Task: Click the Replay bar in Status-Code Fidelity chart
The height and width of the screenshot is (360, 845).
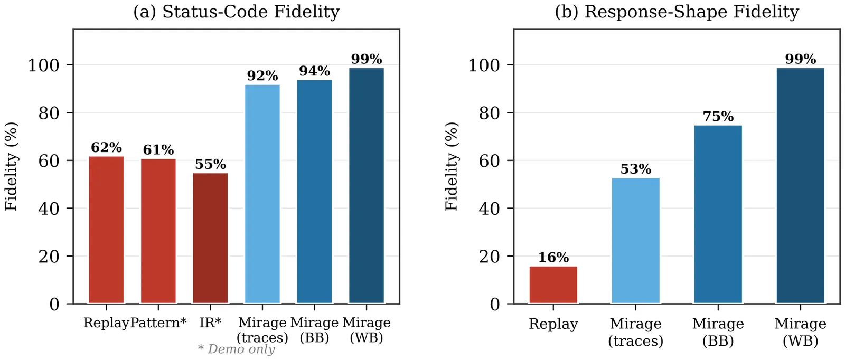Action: (x=106, y=230)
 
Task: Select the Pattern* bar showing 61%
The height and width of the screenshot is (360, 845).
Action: (x=158, y=231)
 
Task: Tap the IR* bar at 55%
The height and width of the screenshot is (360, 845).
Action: (x=210, y=238)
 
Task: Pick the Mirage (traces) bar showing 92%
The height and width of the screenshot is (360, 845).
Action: (x=262, y=194)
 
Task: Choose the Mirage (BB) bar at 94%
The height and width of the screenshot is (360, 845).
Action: (x=314, y=192)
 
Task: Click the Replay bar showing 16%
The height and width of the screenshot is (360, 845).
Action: (x=553, y=285)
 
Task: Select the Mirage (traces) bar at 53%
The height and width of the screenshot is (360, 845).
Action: (x=635, y=240)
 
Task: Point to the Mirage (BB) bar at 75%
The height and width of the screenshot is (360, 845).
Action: (x=718, y=214)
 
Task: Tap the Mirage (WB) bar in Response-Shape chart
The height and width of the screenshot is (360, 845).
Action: (x=800, y=185)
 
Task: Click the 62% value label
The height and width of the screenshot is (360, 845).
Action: (x=106, y=147)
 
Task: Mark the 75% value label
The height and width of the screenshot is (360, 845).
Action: (x=718, y=116)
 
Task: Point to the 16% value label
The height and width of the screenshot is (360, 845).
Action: (x=553, y=257)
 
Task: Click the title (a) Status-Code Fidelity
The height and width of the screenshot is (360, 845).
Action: (x=236, y=12)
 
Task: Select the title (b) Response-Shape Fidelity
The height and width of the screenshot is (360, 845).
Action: (x=677, y=12)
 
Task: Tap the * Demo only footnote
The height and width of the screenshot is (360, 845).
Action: (x=236, y=349)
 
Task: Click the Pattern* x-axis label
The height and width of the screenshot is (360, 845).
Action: (x=158, y=323)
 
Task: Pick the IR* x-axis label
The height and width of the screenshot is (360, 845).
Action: (x=210, y=323)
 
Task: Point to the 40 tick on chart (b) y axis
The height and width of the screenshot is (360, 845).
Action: (x=490, y=209)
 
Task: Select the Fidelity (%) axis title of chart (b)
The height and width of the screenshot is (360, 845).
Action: (x=452, y=166)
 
